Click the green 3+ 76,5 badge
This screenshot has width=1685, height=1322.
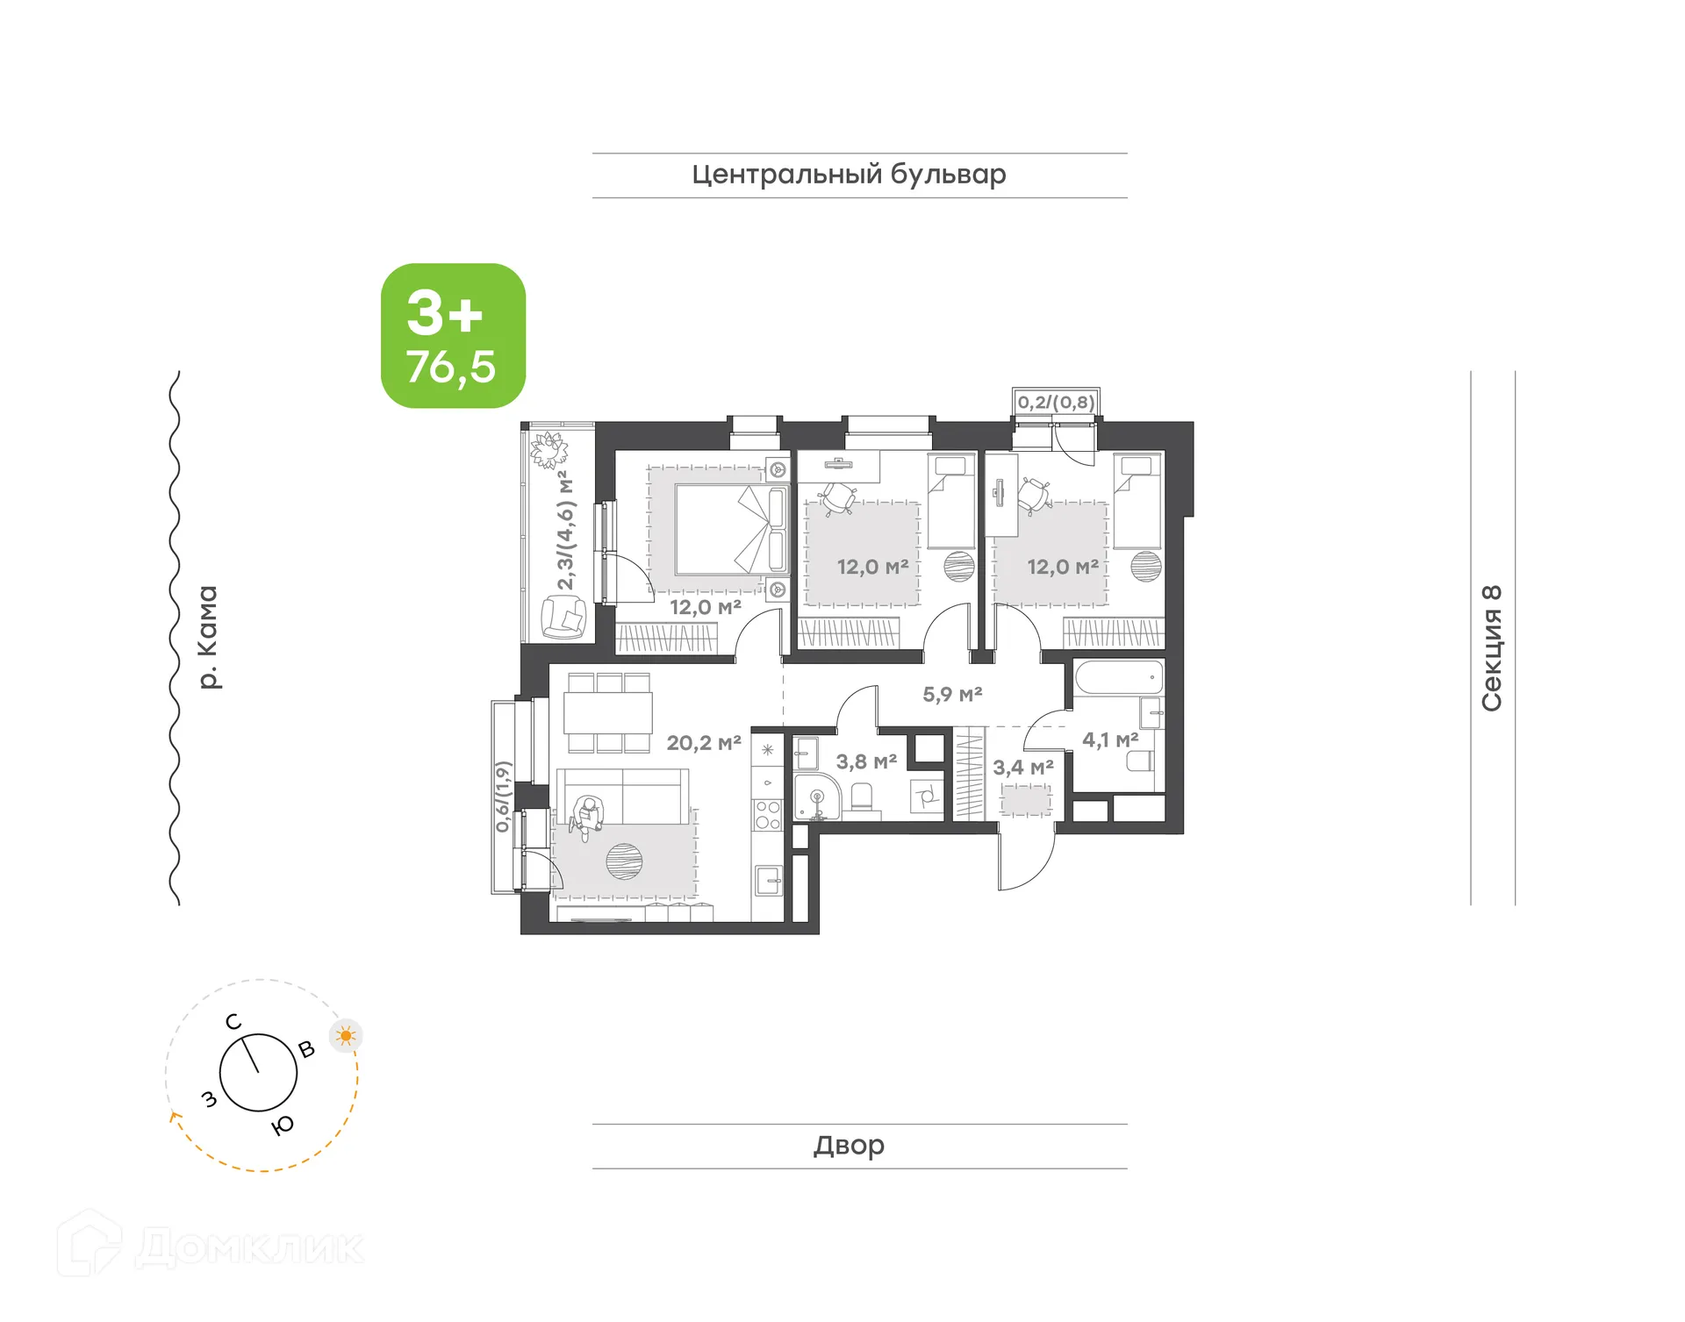coord(453,336)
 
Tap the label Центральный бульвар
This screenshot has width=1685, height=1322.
coord(848,175)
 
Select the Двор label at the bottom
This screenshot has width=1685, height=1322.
coord(848,1145)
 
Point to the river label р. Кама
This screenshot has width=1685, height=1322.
coord(207,637)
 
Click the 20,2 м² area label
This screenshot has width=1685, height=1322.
coord(703,743)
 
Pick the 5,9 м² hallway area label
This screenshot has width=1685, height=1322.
coord(951,695)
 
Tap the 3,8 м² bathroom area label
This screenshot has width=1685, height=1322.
coord(865,761)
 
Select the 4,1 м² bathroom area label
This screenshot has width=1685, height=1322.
coord(1109,740)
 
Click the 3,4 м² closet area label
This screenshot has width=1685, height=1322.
coord(1022,768)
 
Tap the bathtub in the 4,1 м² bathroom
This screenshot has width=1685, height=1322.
coord(1119,678)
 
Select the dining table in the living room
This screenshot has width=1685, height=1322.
coord(608,712)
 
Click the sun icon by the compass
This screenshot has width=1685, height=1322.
coord(346,1036)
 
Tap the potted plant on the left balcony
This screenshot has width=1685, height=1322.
coord(549,450)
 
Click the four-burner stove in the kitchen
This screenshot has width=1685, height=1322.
coord(768,815)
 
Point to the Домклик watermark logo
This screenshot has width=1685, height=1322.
coord(211,1246)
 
